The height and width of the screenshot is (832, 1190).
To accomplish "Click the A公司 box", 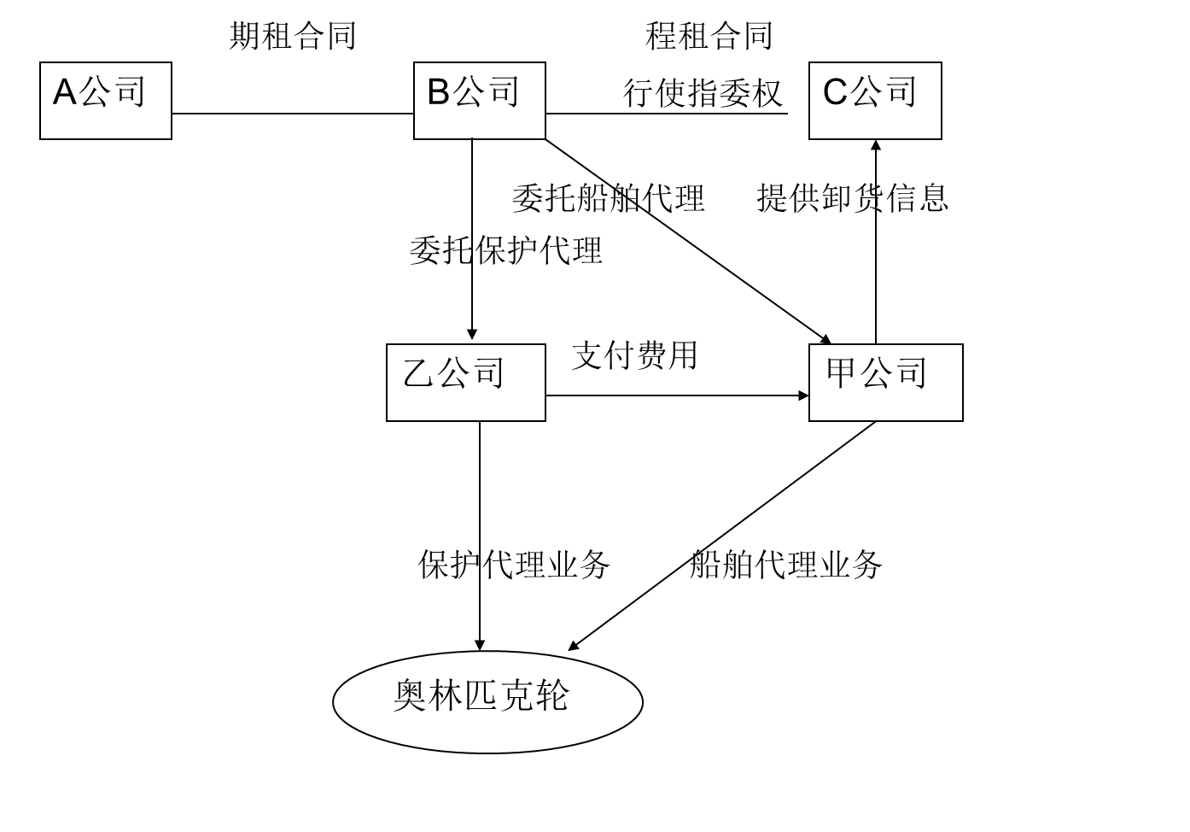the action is [106, 101].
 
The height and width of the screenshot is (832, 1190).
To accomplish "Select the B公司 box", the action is [479, 101].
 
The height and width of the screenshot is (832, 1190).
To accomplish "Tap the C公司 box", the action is [875, 101].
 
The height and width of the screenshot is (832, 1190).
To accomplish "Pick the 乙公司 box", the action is [465, 383].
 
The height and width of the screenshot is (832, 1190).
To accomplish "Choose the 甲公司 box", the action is [885, 383].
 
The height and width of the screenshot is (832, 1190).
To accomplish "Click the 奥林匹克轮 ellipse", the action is [487, 701].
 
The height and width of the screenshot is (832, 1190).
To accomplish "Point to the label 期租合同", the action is [292, 37].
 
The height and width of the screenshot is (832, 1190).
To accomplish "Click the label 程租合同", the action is [709, 37].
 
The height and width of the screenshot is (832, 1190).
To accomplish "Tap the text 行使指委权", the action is [702, 93].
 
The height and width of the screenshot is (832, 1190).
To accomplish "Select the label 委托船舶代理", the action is [608, 198].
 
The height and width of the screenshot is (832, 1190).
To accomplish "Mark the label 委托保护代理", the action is [505, 250].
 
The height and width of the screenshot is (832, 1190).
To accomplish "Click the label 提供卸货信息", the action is [852, 198].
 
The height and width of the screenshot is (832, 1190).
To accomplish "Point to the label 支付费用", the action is [634, 355].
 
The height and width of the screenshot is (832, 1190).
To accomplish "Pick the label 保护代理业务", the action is [513, 565].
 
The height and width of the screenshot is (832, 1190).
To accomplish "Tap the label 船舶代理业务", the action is [785, 565].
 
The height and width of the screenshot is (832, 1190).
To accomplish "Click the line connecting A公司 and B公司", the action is [292, 114].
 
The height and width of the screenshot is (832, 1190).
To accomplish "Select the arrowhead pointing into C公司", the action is [875, 145].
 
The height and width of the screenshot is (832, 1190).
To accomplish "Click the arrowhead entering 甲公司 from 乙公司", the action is [802, 395].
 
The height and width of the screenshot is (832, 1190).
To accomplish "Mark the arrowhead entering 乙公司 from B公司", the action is [472, 336].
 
